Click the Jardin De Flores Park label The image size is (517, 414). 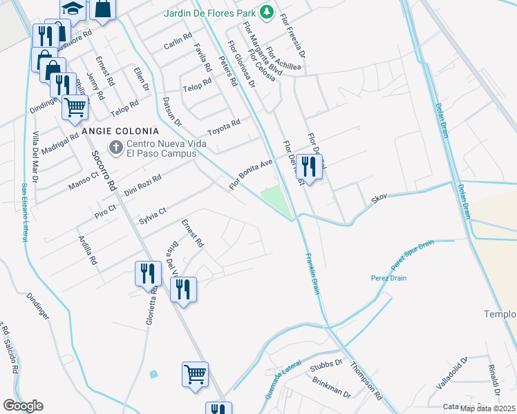tap(208, 13)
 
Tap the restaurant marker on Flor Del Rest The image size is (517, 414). tap(309, 166)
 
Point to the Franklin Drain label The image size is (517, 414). tap(312, 274)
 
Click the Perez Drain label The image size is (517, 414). tap(406, 278)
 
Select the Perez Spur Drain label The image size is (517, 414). tap(412, 255)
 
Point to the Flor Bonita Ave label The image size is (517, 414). tap(252, 174)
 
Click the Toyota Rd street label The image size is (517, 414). tap(223, 128)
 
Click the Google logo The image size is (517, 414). tap(23, 406)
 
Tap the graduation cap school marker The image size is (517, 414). tap(71, 8)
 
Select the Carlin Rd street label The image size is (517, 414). tap(178, 42)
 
